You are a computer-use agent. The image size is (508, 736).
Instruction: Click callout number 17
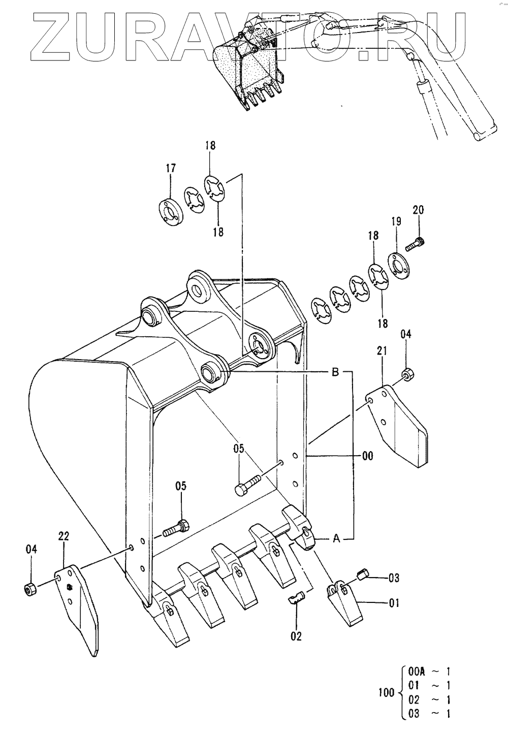[171, 168]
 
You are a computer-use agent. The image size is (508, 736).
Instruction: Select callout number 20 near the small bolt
[418, 210]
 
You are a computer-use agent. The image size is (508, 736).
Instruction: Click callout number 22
[64, 536]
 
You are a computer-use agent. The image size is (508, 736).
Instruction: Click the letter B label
[335, 372]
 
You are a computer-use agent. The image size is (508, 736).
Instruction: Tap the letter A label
[336, 538]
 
